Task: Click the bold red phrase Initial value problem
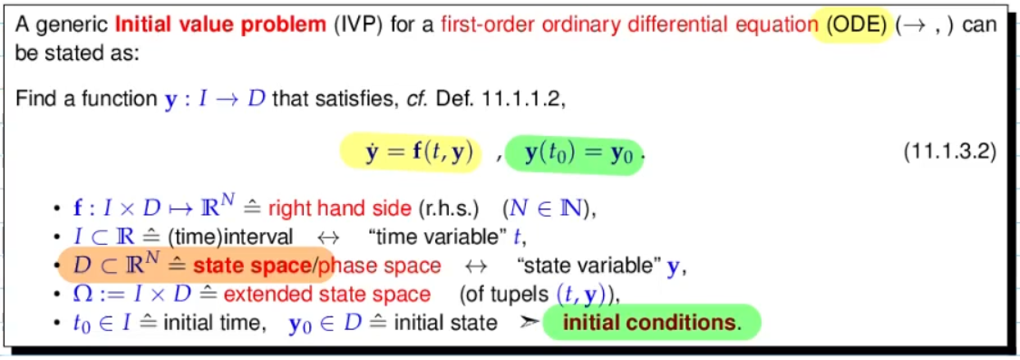click(220, 26)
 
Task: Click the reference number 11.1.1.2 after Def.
click(518, 101)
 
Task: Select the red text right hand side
click(340, 209)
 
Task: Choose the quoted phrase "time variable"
click(443, 237)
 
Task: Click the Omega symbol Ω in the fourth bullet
click(83, 294)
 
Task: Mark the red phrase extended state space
click(327, 295)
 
